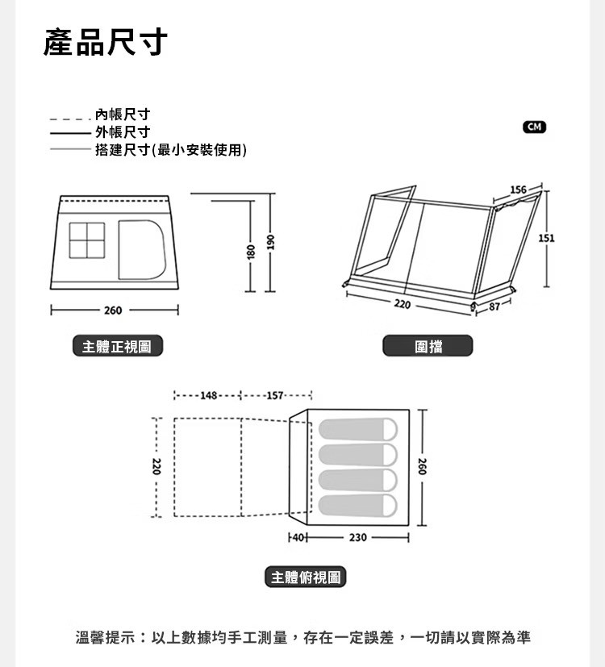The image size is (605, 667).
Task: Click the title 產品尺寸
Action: pos(105,41)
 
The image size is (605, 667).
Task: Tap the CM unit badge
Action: pos(534,127)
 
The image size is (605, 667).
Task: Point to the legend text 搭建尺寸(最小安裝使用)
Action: pos(170,150)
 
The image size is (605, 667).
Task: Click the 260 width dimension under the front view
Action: pos(113,311)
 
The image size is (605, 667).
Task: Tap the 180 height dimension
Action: pos(251,251)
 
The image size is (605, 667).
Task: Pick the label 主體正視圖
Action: pos(116,347)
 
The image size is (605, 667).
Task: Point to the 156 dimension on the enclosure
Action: pos(518,190)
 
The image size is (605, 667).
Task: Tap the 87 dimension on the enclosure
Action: pos(494,307)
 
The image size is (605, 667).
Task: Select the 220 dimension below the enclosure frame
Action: pos(402,305)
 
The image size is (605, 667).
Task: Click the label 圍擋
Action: pos(428,347)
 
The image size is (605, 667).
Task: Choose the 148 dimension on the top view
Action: pos(208,395)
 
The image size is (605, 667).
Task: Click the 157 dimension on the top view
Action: pos(275,395)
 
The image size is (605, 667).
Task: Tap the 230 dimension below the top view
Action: pos(357,536)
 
